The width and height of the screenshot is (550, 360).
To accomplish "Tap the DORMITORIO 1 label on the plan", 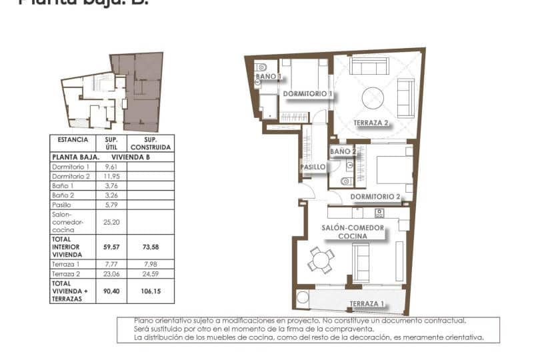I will pyautogui.click(x=307, y=94).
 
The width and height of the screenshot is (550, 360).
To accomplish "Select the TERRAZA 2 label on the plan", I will pyautogui.click(x=371, y=123).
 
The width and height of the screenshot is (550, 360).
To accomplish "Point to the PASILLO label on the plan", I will pyautogui.click(x=313, y=167).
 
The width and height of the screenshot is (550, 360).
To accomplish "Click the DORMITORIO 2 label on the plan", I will pyautogui.click(x=375, y=197).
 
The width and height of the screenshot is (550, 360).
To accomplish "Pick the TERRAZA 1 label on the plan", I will pyautogui.click(x=367, y=305).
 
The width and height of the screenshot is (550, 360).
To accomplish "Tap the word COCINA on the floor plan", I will pyautogui.click(x=353, y=236).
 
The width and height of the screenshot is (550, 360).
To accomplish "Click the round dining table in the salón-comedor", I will pyautogui.click(x=321, y=259).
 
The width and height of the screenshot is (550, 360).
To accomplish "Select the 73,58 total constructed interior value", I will pyautogui.click(x=151, y=247).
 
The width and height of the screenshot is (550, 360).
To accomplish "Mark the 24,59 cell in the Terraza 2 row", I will pyautogui.click(x=151, y=274).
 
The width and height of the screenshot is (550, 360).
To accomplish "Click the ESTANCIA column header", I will pyautogui.click(x=73, y=140).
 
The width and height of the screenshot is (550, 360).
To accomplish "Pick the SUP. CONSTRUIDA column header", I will pyautogui.click(x=151, y=143).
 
